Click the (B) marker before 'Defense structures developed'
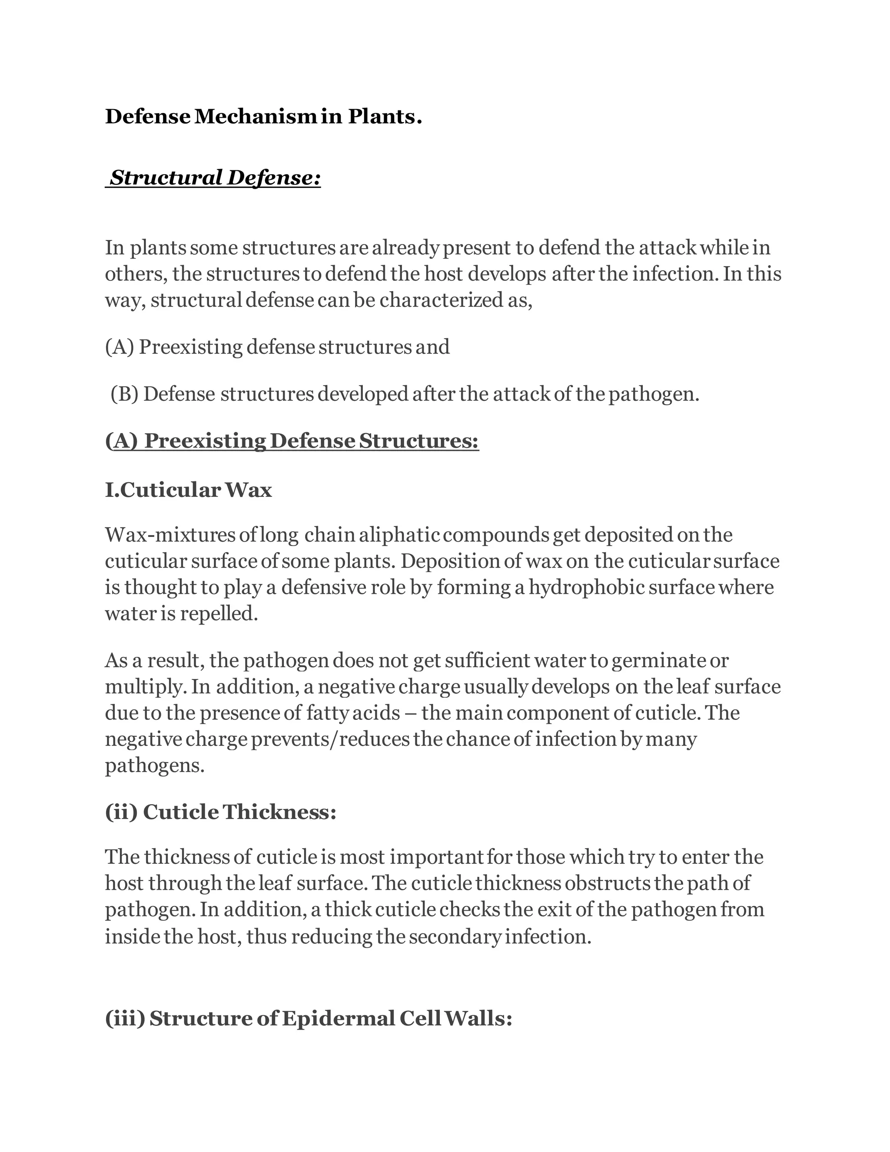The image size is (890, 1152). coord(124,394)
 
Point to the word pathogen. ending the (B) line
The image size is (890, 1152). coord(654,394)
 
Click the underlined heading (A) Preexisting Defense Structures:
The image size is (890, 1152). coord(292,441)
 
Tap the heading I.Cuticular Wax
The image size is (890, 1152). coord(188,490)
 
